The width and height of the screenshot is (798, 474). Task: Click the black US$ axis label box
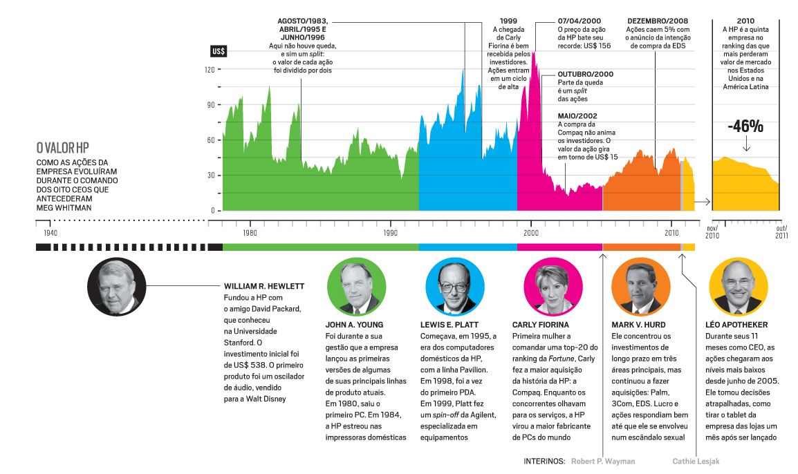click(x=219, y=52)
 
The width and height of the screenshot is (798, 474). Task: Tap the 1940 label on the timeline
click(x=50, y=234)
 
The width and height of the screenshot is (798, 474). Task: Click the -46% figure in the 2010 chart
click(x=745, y=127)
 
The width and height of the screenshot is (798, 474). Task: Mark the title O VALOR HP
click(x=63, y=148)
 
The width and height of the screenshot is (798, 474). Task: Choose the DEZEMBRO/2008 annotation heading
click(x=658, y=21)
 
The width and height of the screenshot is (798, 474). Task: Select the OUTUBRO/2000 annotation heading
click(x=585, y=74)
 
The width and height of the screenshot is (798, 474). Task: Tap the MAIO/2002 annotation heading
click(x=577, y=116)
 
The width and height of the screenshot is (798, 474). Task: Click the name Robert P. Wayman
click(x=603, y=461)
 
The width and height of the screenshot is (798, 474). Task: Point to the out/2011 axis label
click(x=781, y=231)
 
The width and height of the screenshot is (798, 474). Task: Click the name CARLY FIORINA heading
click(x=541, y=325)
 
